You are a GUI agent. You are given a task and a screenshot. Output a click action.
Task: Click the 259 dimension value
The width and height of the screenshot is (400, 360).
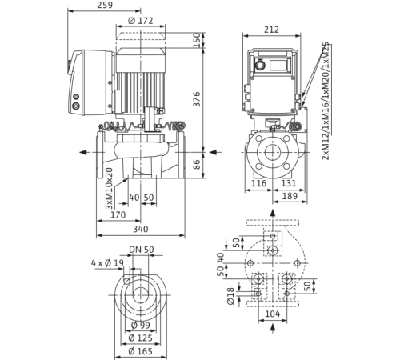point(105,5)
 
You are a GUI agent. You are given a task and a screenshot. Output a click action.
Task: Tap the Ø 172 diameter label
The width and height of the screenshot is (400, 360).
point(141,21)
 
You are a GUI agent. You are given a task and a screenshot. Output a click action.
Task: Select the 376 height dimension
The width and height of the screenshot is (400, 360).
point(197,99)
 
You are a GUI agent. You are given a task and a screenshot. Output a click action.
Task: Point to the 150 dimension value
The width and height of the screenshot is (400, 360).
point(197,40)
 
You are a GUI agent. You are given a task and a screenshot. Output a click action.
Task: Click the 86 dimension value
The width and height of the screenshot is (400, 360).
point(197,165)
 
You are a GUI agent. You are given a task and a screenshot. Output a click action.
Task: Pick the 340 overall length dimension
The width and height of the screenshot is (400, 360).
point(141,229)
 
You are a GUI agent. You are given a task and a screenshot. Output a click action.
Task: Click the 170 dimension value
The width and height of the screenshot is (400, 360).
point(118,214)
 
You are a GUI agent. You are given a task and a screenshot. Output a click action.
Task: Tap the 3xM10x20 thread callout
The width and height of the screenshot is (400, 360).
point(109,188)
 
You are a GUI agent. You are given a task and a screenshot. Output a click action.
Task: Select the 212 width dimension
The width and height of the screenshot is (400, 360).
point(271,30)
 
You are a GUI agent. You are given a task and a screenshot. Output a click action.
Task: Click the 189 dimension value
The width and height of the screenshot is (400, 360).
point(290,196)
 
